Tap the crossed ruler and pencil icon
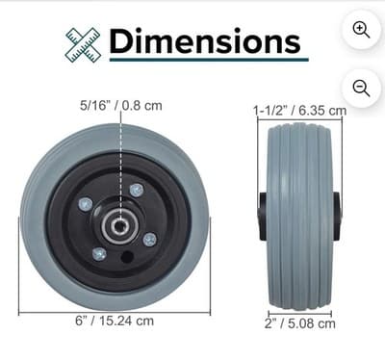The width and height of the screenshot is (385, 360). [x=83, y=43]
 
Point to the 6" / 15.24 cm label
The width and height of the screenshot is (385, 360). [x=114, y=321]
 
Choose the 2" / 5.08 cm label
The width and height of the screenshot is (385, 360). [x=300, y=323]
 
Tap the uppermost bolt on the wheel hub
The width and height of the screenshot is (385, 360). [x=136, y=190]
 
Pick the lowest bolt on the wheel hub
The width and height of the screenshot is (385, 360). [x=99, y=253]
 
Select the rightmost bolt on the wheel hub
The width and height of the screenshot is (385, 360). [x=149, y=238]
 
